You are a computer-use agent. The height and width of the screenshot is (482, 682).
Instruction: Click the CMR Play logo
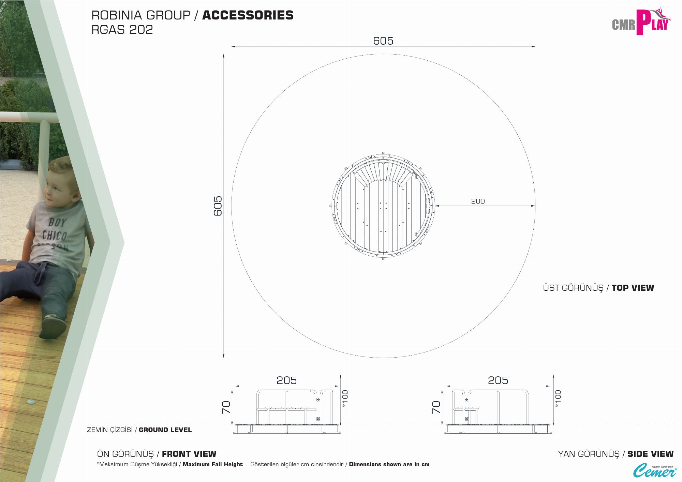click(x=641, y=22)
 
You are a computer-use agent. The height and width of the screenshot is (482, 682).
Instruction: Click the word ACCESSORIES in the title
click(x=248, y=15)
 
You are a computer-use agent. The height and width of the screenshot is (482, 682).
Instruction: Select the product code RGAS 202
click(x=122, y=30)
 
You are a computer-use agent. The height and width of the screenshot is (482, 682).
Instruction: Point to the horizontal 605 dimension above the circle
click(x=383, y=41)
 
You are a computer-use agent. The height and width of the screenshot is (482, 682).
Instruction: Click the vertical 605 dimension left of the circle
click(x=218, y=206)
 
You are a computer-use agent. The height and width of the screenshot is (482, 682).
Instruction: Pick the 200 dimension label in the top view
click(x=478, y=201)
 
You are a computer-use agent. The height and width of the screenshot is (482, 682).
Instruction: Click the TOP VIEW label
click(x=633, y=288)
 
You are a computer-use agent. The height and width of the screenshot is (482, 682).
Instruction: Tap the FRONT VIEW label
click(x=189, y=454)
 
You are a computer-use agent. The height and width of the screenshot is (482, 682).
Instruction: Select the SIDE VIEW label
click(x=650, y=454)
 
